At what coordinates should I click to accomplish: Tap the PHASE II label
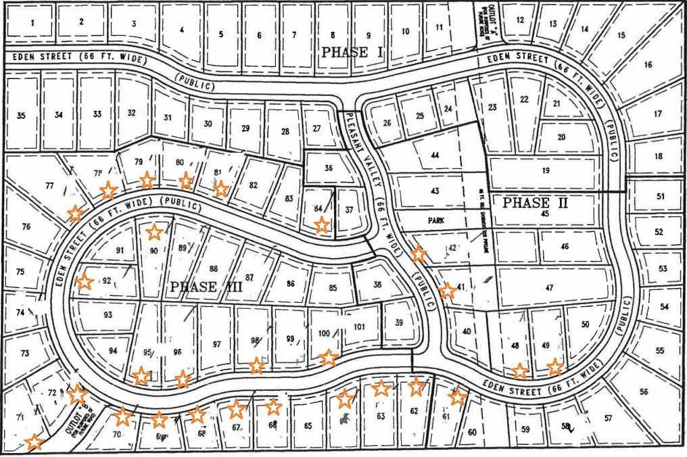[536, 203]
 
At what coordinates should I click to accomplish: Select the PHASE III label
[206, 287]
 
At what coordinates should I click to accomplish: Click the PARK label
[435, 220]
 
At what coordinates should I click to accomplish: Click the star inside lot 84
[322, 224]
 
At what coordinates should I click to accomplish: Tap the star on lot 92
[85, 282]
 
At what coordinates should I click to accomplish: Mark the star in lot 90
[154, 233]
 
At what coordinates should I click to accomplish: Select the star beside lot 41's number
[446, 291]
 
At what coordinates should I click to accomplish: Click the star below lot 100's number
[328, 357]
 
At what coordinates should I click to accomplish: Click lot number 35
[21, 116]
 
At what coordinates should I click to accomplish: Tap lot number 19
[545, 170]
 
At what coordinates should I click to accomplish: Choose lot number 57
[608, 418]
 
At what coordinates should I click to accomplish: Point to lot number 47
[549, 288]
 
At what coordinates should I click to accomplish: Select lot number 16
[648, 65]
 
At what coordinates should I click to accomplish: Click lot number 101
[359, 327]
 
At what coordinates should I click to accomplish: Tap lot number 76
[26, 226]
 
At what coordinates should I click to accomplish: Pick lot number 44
[435, 155]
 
